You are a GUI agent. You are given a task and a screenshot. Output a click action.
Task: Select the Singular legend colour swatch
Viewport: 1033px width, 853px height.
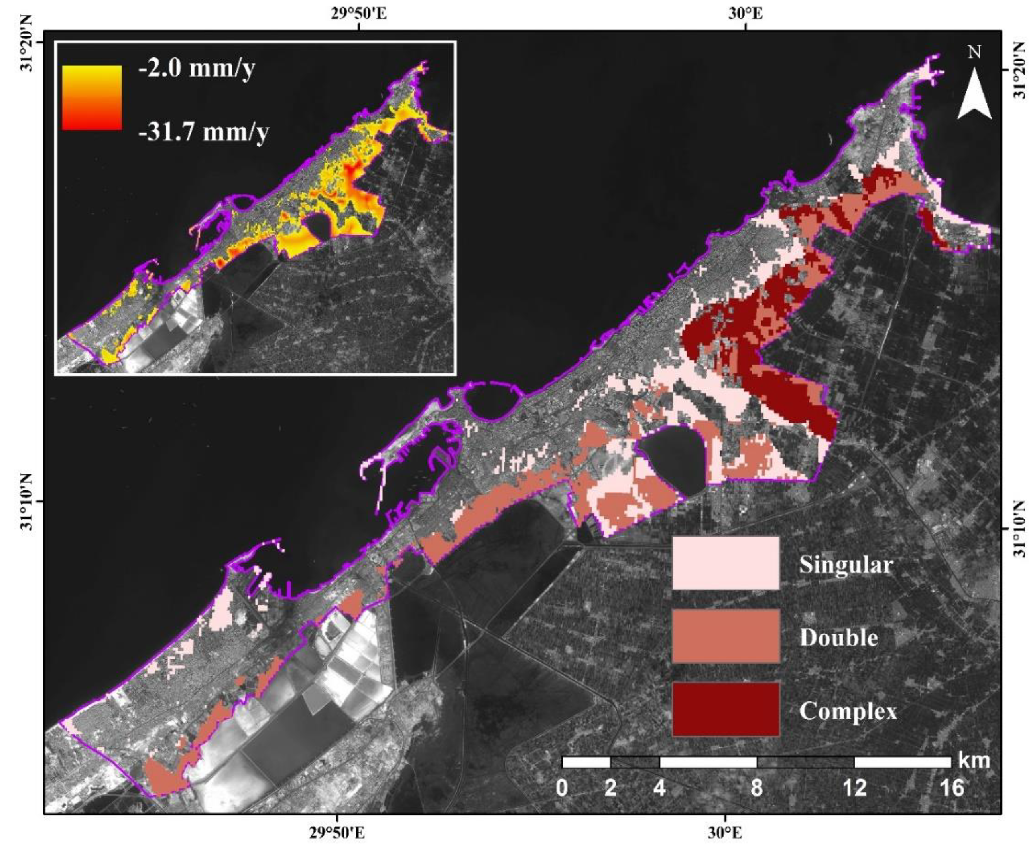pyautogui.click(x=725, y=563)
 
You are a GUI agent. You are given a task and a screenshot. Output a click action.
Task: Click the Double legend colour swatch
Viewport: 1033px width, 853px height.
pyautogui.click(x=725, y=637)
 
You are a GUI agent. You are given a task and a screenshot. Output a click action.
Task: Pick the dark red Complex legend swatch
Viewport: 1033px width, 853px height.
pyautogui.click(x=725, y=709)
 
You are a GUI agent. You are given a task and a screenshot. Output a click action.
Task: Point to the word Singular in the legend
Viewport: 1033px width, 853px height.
pyautogui.click(x=846, y=564)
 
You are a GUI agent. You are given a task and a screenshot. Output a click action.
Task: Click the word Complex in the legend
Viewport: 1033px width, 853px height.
pyautogui.click(x=848, y=711)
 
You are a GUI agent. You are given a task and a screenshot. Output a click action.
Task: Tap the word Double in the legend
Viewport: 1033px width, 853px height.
pyautogui.click(x=838, y=637)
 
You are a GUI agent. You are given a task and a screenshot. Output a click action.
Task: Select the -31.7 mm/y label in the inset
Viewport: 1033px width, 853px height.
pyautogui.click(x=203, y=132)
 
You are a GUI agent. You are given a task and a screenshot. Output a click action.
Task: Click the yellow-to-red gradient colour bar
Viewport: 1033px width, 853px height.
pyautogui.click(x=92, y=98)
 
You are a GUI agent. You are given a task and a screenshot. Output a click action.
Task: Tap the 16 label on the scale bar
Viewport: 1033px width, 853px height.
pyautogui.click(x=952, y=788)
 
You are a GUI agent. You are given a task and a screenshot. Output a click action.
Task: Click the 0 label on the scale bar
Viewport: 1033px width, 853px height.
pyautogui.click(x=562, y=788)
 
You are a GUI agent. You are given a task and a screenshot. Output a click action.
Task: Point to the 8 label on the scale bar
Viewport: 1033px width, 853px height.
pyautogui.click(x=757, y=788)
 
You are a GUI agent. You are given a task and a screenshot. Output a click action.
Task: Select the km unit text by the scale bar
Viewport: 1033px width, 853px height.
pyautogui.click(x=974, y=760)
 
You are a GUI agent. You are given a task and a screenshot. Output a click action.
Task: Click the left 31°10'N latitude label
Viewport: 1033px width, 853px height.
pyautogui.click(x=27, y=502)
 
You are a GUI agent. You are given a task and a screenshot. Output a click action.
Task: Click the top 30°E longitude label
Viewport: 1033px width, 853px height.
pyautogui.click(x=746, y=13)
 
